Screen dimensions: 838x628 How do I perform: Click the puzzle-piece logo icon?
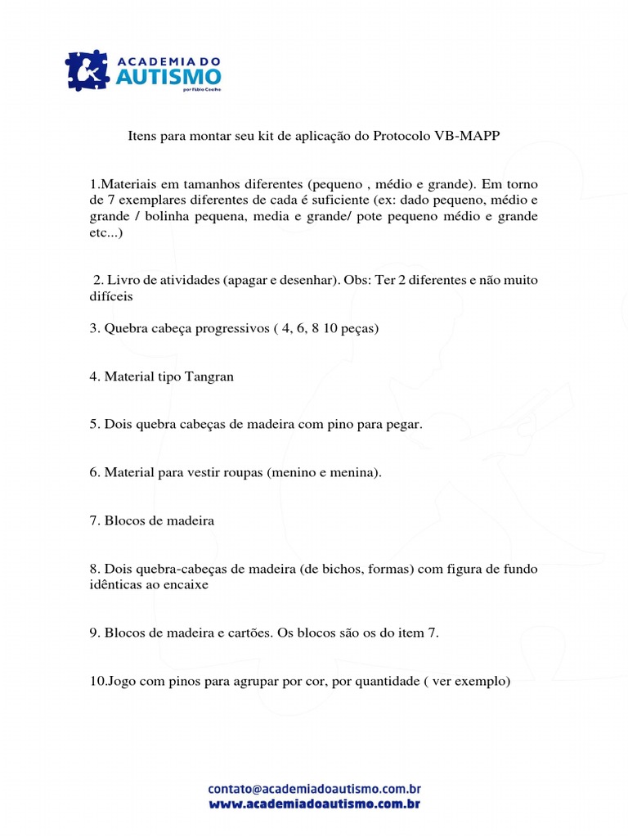click(x=84, y=70)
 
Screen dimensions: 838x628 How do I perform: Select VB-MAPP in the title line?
click(x=469, y=136)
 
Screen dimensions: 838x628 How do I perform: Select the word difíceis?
click(x=111, y=295)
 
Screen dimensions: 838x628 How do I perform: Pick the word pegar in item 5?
click(x=405, y=425)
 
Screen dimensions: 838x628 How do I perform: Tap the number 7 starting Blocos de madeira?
click(x=95, y=520)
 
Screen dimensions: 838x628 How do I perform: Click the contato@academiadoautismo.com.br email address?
click(x=314, y=790)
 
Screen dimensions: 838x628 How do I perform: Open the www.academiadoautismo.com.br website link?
click(x=314, y=804)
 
